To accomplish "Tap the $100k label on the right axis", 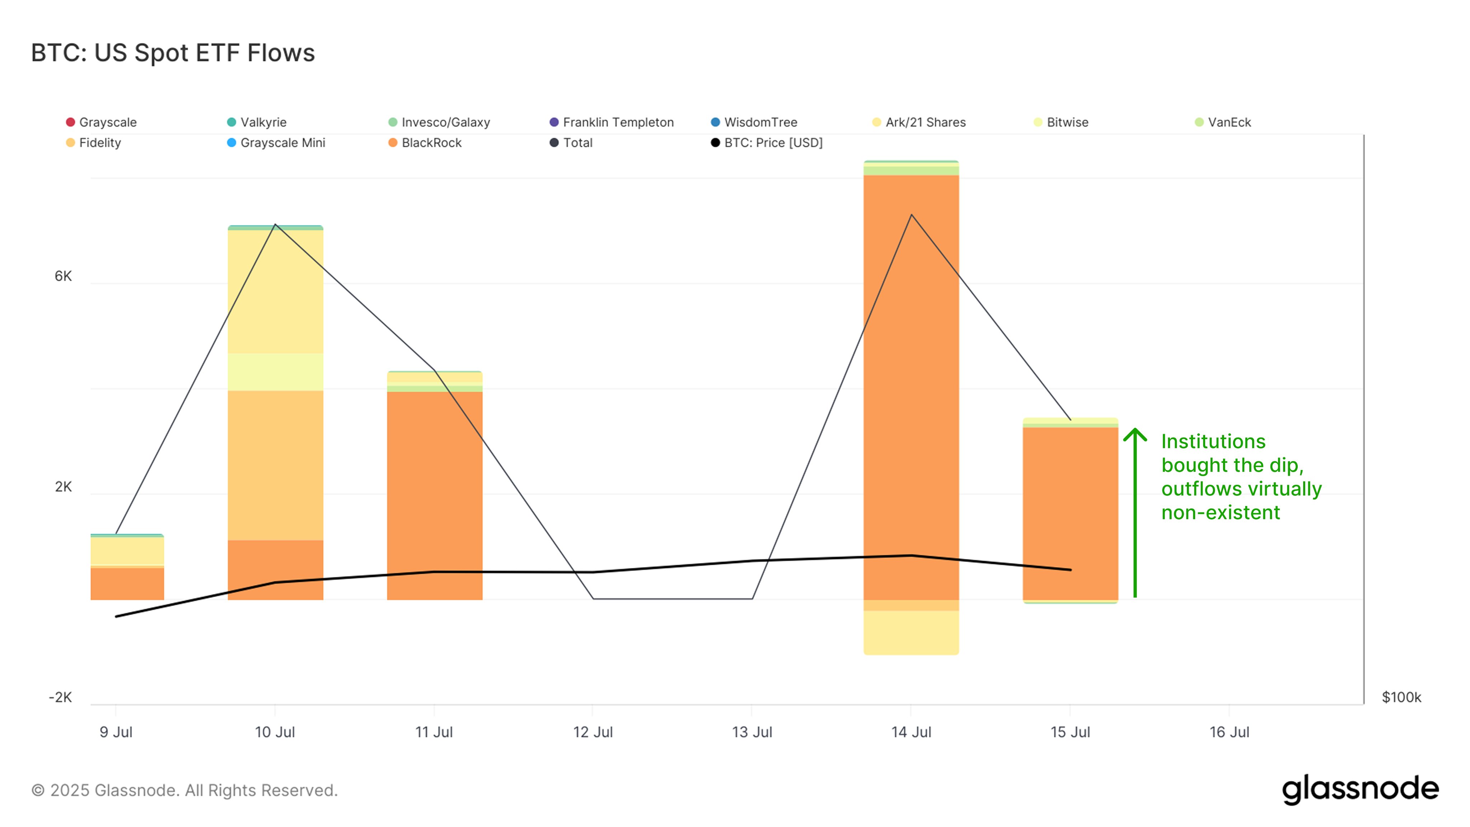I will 1401,697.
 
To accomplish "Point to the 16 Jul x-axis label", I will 1229,732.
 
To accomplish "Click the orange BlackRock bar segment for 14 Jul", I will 911,388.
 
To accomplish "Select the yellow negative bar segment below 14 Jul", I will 911,632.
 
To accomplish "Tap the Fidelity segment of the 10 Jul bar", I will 275,465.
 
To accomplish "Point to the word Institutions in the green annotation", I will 1213,441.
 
